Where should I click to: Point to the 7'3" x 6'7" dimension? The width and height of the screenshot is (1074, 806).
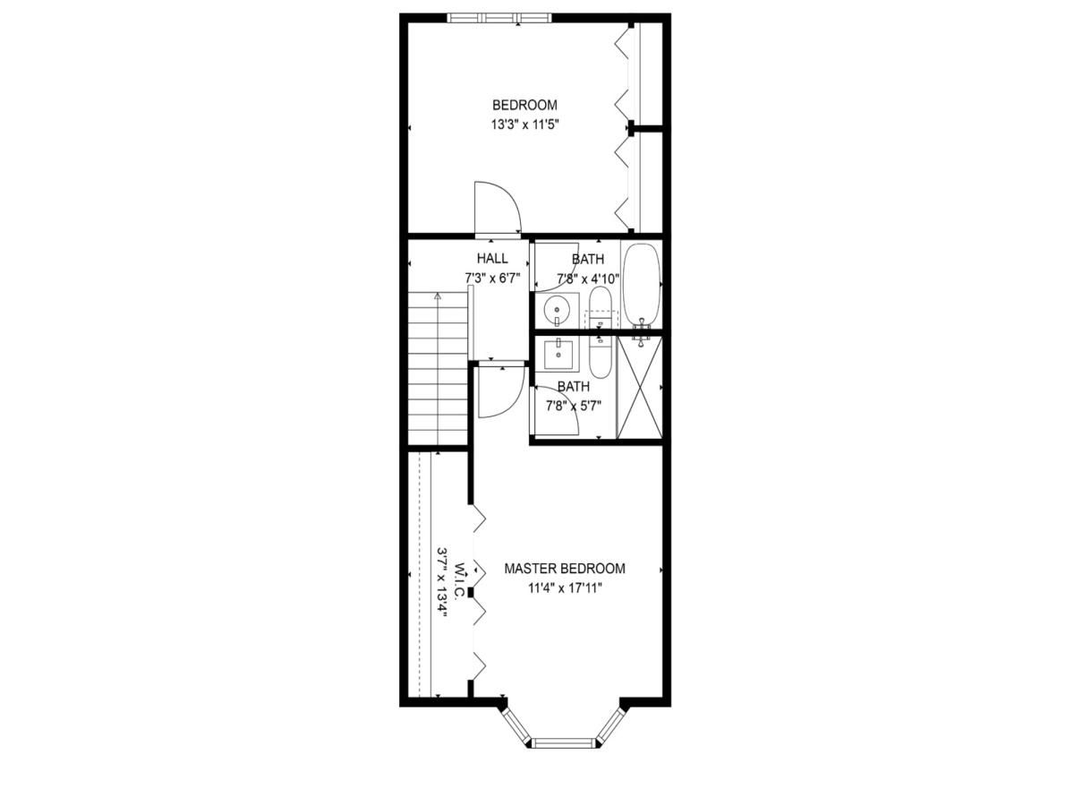[x=492, y=278]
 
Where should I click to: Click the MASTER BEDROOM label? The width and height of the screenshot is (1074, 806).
[x=564, y=569]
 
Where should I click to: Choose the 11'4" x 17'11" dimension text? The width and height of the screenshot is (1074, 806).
[x=564, y=588]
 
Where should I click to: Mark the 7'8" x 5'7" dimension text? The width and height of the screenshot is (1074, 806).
[x=574, y=406]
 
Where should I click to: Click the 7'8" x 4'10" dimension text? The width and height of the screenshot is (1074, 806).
[x=588, y=278]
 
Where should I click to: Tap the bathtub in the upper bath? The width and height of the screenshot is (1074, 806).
[x=642, y=284]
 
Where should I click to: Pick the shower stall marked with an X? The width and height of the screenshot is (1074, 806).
[x=641, y=388]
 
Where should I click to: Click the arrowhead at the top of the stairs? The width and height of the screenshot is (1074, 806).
[x=438, y=295]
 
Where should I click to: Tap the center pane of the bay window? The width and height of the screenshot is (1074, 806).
[x=563, y=742]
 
